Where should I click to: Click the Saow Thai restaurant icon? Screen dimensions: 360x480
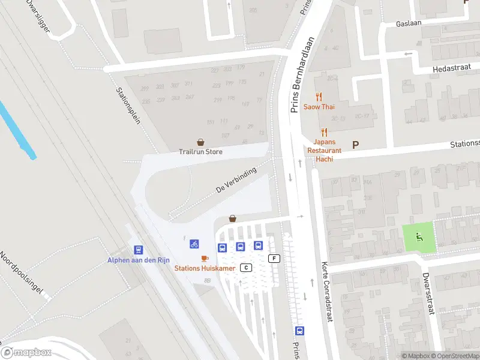coord(319,97)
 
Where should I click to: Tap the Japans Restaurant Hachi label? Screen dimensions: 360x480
coord(324,151)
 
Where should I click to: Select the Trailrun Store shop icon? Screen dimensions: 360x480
coord(200,142)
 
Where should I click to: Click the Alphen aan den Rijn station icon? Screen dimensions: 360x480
coord(139,250)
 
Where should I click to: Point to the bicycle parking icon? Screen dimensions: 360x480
coord(194,244)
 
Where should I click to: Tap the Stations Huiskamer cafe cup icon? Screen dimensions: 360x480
coord(205,258)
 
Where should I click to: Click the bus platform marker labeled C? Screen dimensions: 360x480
coord(245,267)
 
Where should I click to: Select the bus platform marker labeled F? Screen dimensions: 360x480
coord(275,259)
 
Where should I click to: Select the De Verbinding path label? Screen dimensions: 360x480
coord(236,180)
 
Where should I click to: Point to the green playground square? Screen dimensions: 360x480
coord(418,237)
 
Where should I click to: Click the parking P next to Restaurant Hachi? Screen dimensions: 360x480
coord(355,145)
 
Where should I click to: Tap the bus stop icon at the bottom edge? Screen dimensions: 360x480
coord(299,331)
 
